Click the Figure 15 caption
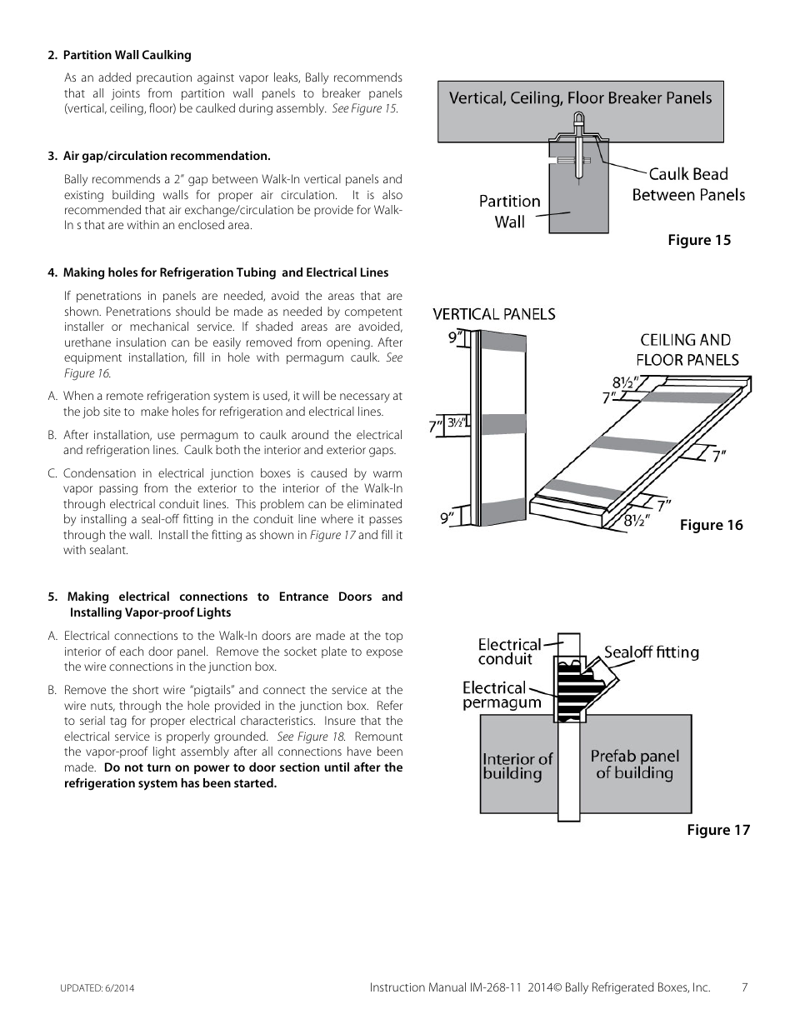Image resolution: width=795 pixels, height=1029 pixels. click(698, 240)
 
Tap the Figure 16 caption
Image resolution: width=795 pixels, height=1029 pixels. click(711, 524)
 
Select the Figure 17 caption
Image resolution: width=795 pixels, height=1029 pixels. click(717, 829)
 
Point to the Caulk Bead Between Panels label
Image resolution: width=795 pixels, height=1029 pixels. click(687, 184)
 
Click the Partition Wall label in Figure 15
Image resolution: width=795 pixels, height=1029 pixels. click(509, 211)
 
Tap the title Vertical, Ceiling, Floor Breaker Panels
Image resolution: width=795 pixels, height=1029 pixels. click(580, 98)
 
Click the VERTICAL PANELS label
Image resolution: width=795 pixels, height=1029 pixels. click(493, 314)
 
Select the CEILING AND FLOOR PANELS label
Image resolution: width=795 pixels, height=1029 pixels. click(687, 350)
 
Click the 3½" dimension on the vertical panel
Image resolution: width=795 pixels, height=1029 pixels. click(455, 422)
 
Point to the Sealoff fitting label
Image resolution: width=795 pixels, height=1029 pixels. click(651, 652)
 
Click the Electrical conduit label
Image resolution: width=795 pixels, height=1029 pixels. click(508, 652)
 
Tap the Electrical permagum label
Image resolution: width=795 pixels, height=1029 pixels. click(501, 695)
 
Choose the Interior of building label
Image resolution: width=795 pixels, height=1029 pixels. click(517, 766)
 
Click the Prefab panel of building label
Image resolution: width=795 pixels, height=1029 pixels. click(634, 764)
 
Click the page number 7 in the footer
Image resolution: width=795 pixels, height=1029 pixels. click(744, 987)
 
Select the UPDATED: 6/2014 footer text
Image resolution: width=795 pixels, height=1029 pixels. click(97, 988)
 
